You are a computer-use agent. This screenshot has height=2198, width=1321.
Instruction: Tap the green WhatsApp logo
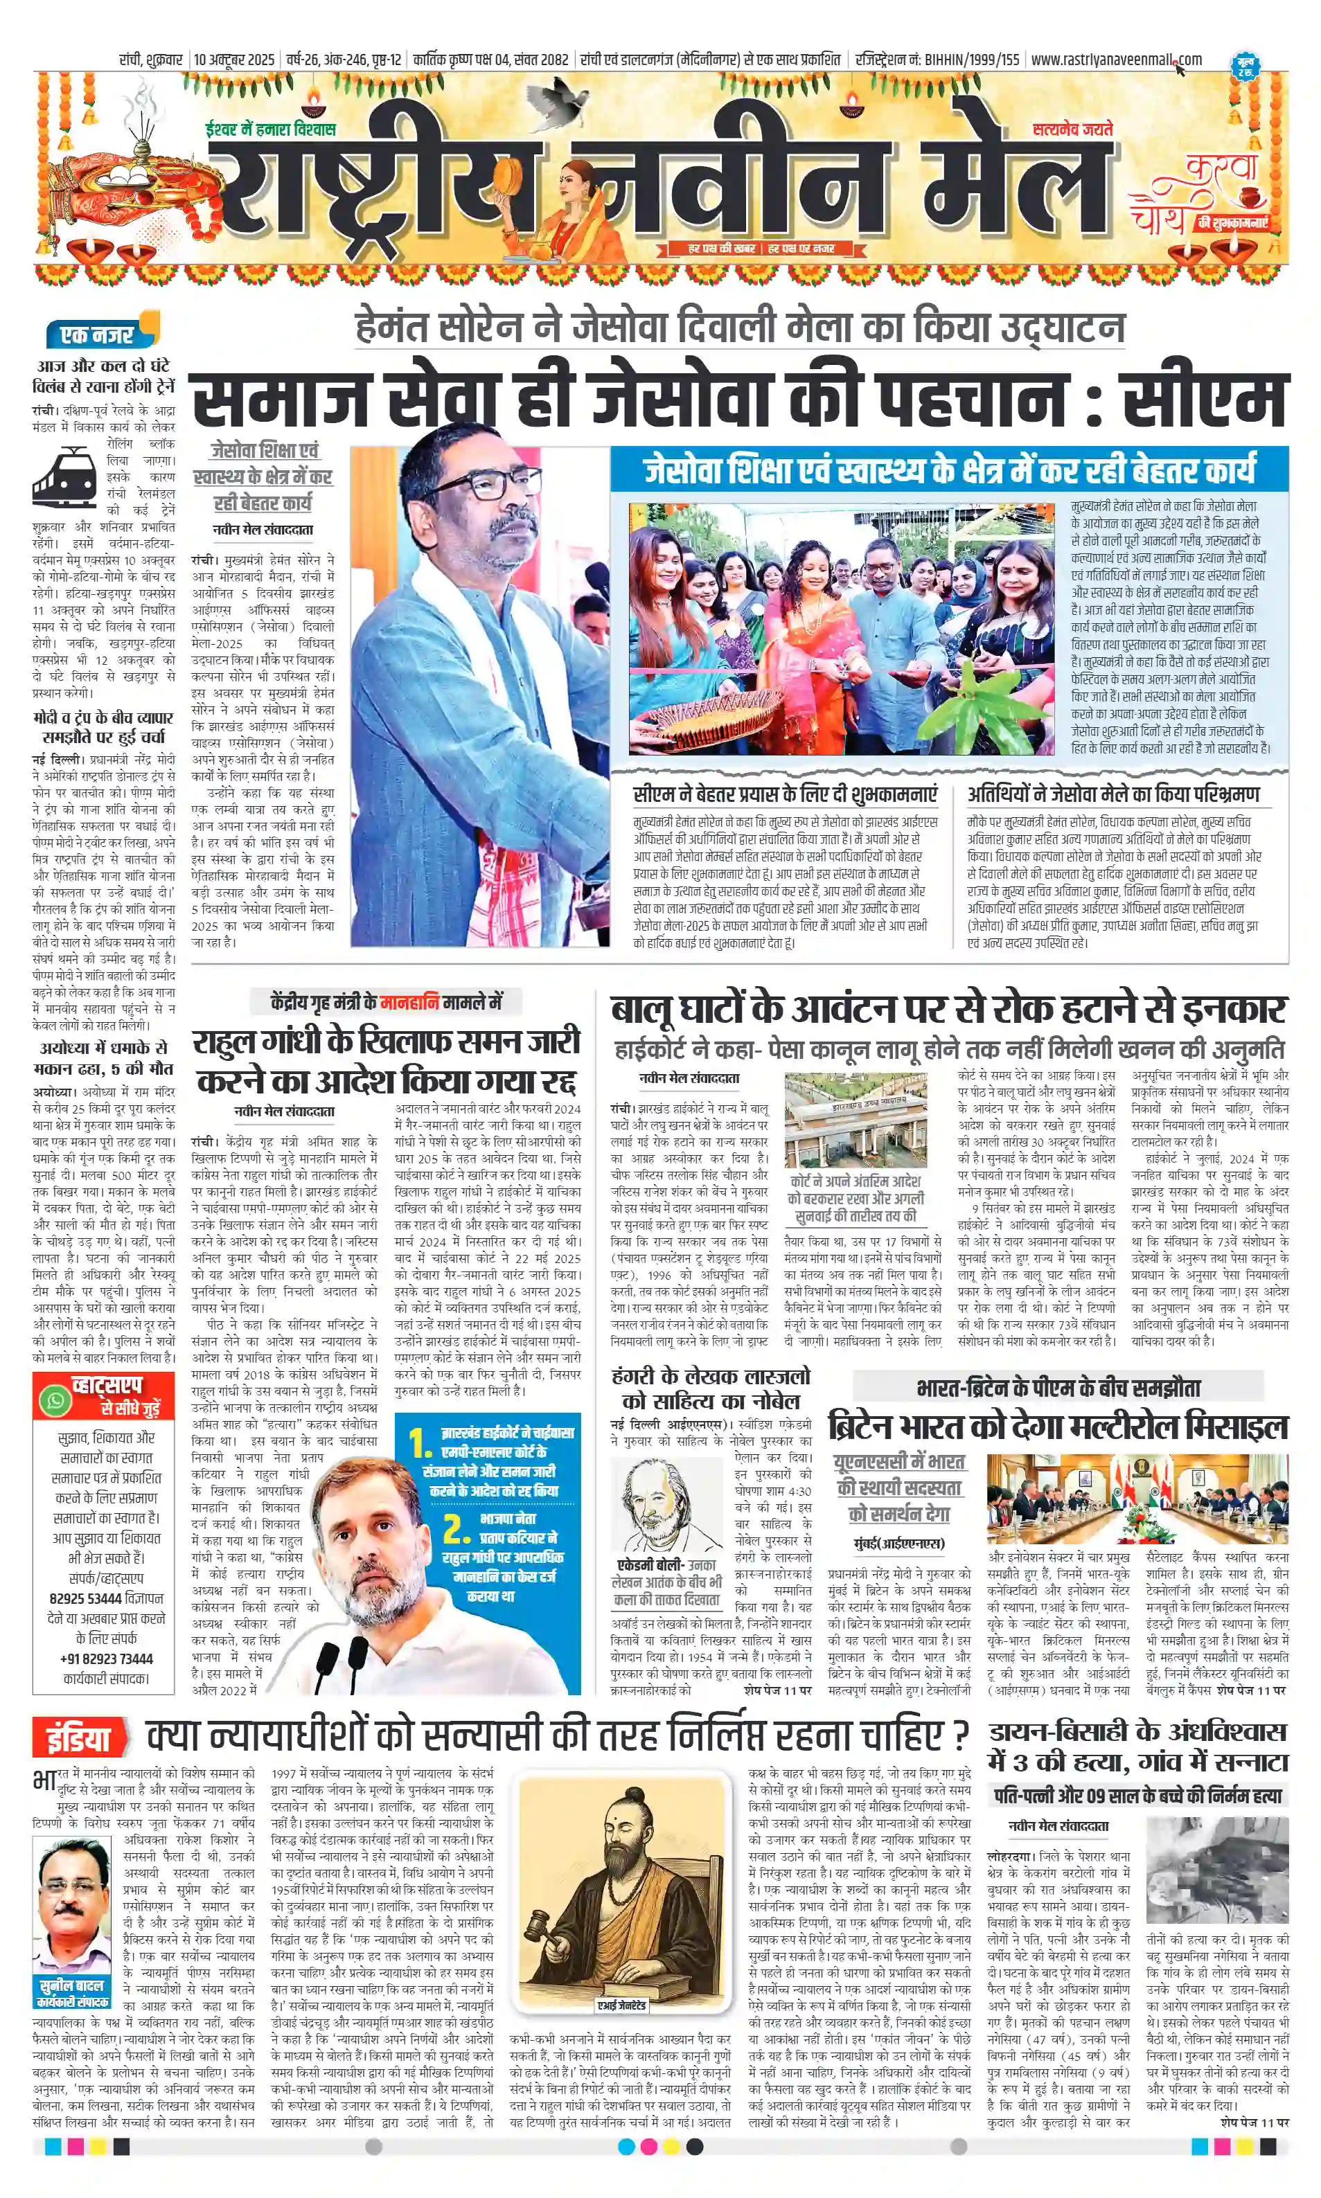(55, 1400)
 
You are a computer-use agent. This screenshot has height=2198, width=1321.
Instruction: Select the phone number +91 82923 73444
(106, 1659)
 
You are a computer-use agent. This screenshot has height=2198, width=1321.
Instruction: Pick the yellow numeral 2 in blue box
(456, 1528)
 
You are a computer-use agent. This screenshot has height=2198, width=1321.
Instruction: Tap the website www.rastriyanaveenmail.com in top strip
(1115, 60)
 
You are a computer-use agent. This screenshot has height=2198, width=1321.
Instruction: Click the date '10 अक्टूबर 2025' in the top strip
(234, 60)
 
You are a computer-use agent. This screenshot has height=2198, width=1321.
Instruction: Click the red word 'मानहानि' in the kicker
(409, 1002)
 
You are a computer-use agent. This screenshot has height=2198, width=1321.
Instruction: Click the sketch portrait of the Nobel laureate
(668, 1505)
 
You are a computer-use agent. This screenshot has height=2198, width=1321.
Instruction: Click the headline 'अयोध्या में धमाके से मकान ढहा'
(103, 1057)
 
